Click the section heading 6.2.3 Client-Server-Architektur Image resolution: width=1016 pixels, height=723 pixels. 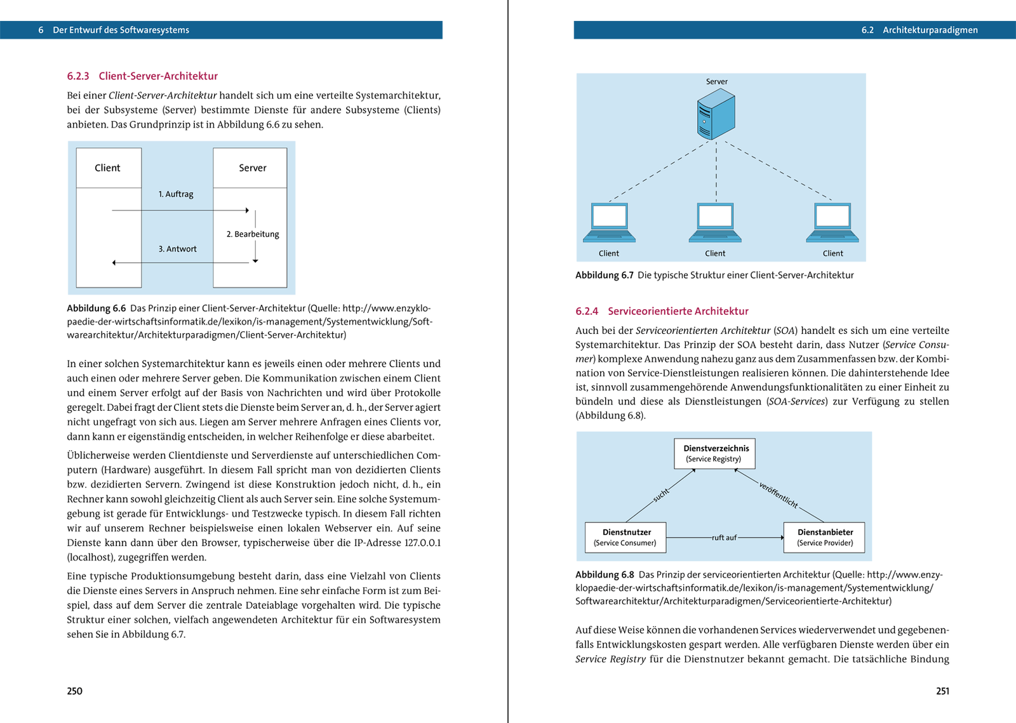[142, 76]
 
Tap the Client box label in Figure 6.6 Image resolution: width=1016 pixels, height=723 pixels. [108, 168]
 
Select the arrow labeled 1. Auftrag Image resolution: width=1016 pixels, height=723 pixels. [180, 210]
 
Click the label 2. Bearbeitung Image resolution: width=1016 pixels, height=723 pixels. [253, 234]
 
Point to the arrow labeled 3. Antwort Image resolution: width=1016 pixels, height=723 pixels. [180, 262]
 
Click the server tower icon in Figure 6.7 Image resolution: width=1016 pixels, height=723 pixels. [716, 114]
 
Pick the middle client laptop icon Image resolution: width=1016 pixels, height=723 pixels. [715, 223]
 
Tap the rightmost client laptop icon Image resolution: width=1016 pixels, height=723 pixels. [832, 223]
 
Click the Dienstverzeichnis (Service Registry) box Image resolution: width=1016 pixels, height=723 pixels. [714, 453]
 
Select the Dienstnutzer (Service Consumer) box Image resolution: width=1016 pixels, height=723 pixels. [625, 537]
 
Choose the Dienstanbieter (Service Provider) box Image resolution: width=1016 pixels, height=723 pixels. [824, 537]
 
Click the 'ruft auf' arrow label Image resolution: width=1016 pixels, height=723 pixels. [724, 538]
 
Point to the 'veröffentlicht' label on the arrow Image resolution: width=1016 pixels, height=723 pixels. [779, 495]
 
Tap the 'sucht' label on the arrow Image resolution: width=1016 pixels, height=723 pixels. [661, 495]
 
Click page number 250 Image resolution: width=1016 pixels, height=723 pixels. [75, 691]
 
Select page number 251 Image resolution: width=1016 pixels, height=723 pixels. [942, 691]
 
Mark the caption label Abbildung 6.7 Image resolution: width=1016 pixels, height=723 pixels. [604, 275]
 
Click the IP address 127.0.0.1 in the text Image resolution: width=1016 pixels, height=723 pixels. [422, 543]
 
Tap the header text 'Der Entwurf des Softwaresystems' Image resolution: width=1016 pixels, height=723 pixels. [121, 30]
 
